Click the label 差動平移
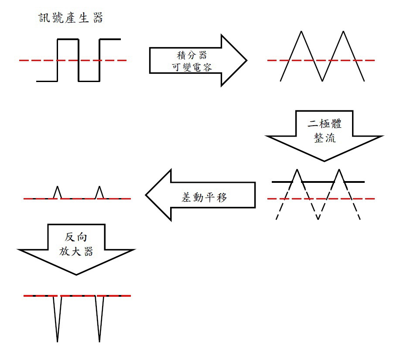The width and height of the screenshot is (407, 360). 204,197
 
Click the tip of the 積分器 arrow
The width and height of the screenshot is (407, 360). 246,60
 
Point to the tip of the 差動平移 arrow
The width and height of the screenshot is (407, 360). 147,195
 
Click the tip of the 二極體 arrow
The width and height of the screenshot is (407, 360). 324,161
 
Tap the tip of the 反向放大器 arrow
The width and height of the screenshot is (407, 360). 76,274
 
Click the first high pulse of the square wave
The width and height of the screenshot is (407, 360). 68,40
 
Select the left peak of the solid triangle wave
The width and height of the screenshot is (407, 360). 301,32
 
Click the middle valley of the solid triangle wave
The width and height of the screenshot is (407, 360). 322,80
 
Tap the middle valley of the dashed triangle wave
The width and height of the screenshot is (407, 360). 318,218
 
